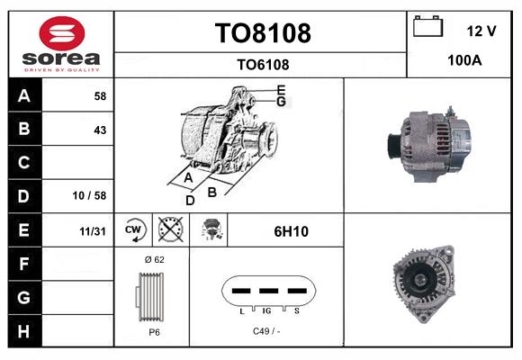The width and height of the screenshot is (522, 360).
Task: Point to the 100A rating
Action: point(464,62)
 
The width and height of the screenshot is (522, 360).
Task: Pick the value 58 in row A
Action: point(99,95)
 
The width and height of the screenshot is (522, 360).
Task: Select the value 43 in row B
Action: point(99,130)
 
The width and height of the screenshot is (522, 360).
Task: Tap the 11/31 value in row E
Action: point(93,231)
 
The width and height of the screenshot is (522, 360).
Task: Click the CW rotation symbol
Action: point(134,230)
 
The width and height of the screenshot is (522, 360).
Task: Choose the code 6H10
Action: point(291,231)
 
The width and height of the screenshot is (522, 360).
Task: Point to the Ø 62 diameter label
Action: point(153,259)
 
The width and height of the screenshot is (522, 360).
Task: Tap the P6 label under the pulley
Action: point(153,332)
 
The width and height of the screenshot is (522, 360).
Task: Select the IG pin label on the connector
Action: point(267,310)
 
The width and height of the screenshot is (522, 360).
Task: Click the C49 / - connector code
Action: point(266,332)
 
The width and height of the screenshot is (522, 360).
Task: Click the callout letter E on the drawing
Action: point(281,90)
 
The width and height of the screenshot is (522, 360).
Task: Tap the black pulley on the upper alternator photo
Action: point(392,144)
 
